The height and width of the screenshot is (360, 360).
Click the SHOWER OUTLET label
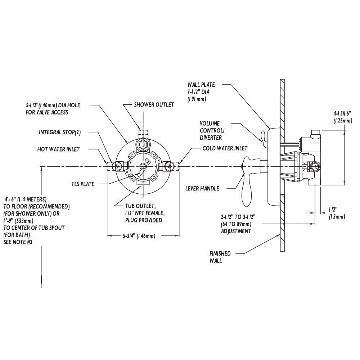pyautogui.click(x=154, y=105)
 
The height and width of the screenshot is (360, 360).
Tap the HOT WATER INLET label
pyautogui.click(x=58, y=149)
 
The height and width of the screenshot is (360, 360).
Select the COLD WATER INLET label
pyautogui.click(x=225, y=148)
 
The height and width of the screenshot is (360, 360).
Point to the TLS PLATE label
pyautogui.click(x=83, y=184)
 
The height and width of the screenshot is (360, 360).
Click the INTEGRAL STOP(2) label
pyautogui.click(x=60, y=132)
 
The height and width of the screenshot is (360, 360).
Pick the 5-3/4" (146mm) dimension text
pyautogui.click(x=134, y=236)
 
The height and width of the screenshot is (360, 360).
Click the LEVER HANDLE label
pyautogui.click(x=202, y=188)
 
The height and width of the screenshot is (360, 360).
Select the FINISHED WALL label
pyautogui.click(x=220, y=257)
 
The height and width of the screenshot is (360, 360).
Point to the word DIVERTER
pyautogui.click(x=211, y=138)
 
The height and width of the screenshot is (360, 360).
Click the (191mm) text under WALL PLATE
pyautogui.click(x=196, y=99)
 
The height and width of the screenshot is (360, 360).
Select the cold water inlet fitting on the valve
pyautogui.click(x=169, y=166)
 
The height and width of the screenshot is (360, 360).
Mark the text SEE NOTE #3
pyautogui.click(x=18, y=242)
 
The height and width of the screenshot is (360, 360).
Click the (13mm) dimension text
pyautogui.click(x=337, y=217)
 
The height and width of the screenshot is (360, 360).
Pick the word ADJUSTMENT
pyautogui.click(x=236, y=231)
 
